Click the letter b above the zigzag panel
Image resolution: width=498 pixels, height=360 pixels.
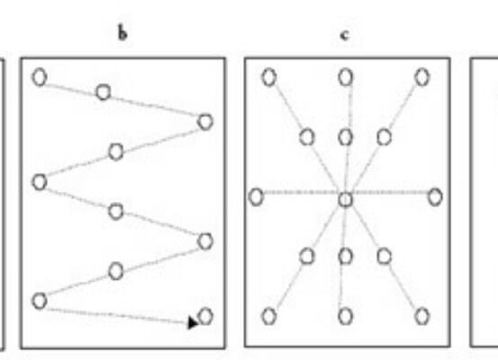coord(122,33)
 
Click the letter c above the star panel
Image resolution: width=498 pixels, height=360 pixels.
coord(345,35)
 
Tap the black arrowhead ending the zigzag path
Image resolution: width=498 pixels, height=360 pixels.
coord(193,323)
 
